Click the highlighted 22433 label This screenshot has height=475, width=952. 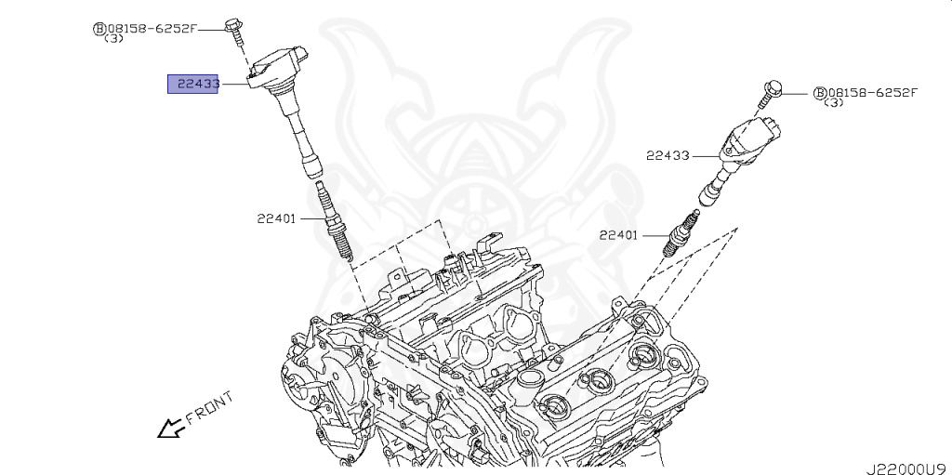point(192,85)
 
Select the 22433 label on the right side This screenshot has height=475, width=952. point(668,155)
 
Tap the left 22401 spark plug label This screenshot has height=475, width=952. point(277,219)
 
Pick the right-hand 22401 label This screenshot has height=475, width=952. point(618,235)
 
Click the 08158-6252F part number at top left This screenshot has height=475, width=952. point(150,28)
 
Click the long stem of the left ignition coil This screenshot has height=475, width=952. point(302,135)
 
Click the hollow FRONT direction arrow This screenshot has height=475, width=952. point(169,428)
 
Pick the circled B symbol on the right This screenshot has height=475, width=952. point(819,93)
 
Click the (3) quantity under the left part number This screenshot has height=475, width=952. point(112,39)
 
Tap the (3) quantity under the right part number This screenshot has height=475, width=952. point(834,103)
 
